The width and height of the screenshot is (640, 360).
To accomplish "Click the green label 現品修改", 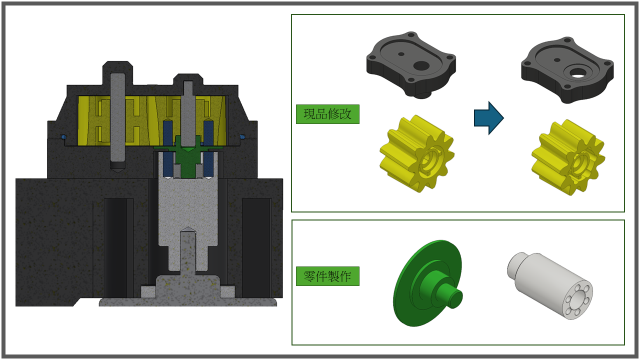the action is (x=327, y=114).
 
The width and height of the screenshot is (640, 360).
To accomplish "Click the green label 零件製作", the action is (x=327, y=276).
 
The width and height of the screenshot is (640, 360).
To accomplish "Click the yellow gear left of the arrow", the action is (x=417, y=153).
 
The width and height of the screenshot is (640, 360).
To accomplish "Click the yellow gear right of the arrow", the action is (x=568, y=157).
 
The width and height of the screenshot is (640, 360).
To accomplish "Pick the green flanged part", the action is (x=427, y=283).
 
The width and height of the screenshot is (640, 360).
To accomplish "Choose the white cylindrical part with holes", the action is (x=550, y=285).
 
